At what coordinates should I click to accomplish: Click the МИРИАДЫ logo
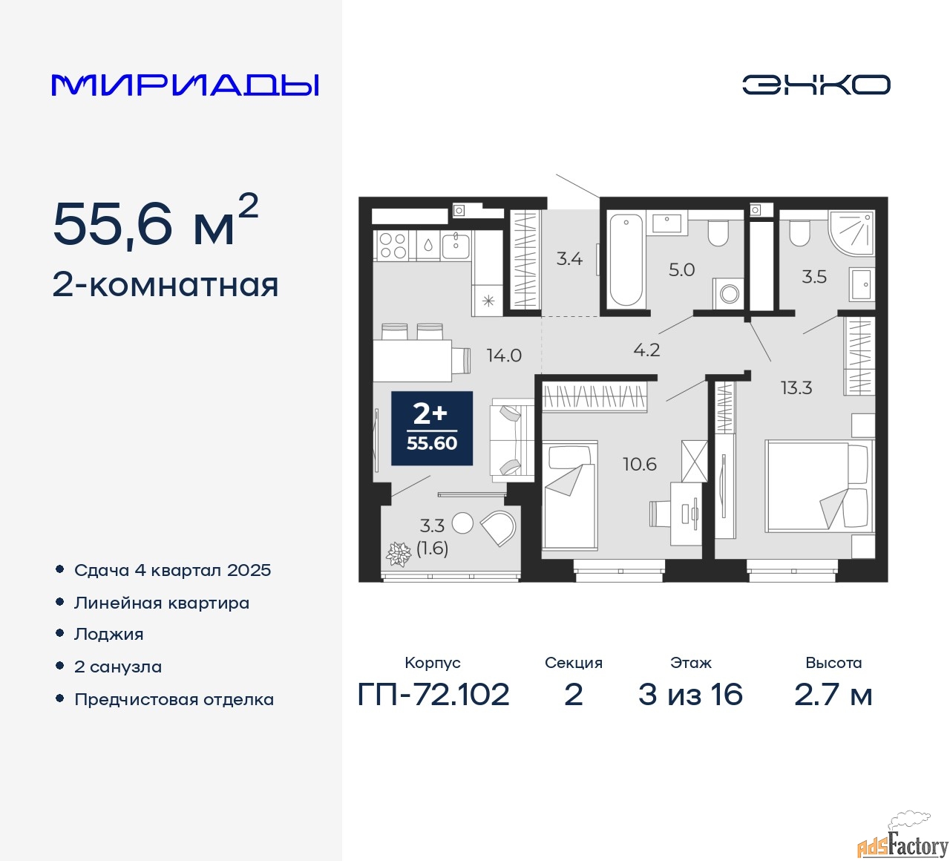tap(185, 85)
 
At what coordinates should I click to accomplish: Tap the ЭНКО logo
tap(816, 85)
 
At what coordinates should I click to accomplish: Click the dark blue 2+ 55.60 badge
tap(432, 428)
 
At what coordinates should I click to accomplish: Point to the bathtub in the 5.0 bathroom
tap(626, 260)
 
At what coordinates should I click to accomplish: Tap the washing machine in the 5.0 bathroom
tap(729, 293)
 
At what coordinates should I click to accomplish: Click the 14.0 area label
tap(504, 356)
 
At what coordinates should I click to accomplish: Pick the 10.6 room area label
tap(639, 465)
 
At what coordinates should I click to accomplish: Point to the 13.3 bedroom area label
tap(796, 387)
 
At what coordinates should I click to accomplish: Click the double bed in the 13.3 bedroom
tap(816, 486)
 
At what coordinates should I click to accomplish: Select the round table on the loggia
tap(462, 523)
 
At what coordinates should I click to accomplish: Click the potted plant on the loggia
tap(399, 554)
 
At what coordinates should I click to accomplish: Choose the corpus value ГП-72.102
tap(433, 695)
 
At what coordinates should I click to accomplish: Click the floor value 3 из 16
tap(690, 695)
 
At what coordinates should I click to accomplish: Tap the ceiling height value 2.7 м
tap(833, 695)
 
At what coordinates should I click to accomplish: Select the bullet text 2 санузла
tap(118, 667)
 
